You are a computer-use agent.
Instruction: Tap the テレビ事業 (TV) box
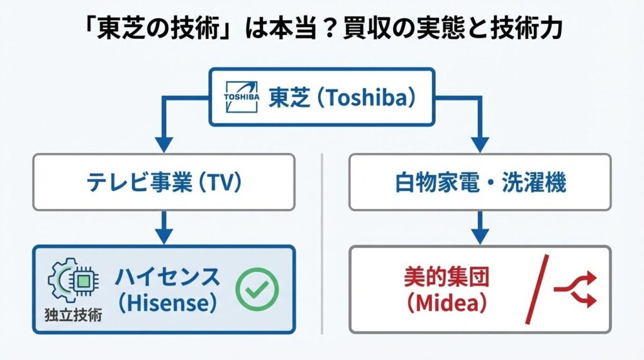click(163, 183)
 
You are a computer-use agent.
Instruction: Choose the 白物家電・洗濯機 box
click(480, 183)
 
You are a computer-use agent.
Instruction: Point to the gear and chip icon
click(74, 281)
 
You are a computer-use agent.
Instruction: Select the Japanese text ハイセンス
click(167, 276)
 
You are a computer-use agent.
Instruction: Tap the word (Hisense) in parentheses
click(167, 303)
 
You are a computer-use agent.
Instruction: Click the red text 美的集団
click(446, 276)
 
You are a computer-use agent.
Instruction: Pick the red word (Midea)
click(446, 303)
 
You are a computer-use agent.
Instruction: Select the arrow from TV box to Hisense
click(163, 228)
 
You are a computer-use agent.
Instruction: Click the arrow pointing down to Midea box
click(480, 228)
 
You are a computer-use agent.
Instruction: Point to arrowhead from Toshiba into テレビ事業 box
click(163, 143)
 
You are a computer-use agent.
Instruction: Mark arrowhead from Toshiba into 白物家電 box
click(480, 143)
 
